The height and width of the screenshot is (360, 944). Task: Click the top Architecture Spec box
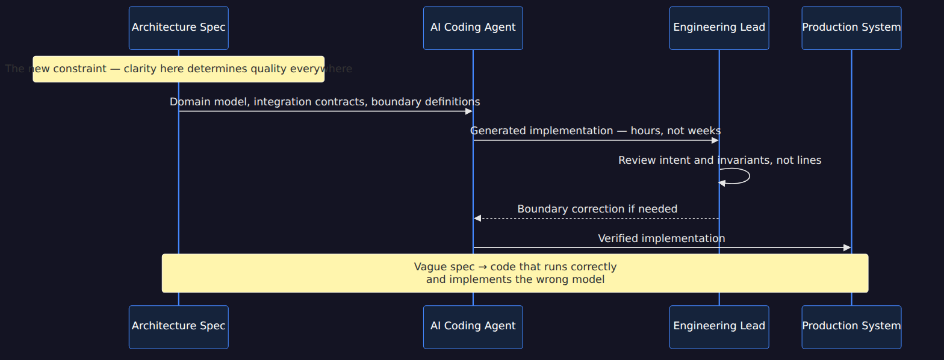coord(179,28)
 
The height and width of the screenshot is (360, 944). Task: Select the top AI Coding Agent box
coord(473,28)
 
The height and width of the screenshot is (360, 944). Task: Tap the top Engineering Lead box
coord(719,28)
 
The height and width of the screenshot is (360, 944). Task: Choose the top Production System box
coord(851,28)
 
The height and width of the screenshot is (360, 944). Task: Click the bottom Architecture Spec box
coord(179,327)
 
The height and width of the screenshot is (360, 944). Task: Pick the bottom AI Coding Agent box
coord(473,327)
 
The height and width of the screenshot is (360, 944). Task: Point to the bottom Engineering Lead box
coord(719,327)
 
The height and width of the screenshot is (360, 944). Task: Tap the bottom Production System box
coord(851,327)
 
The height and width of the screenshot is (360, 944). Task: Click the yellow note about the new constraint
coord(179,69)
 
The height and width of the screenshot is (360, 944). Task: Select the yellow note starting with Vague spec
coord(515,273)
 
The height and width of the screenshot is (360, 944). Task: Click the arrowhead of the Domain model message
coord(468,111)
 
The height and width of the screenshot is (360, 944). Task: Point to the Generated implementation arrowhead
coord(715,140)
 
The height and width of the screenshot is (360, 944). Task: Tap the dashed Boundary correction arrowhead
coord(477,219)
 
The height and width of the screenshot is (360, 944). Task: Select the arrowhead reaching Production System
coord(847,247)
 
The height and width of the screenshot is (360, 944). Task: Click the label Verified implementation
coord(662,238)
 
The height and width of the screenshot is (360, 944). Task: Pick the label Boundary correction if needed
coord(597,209)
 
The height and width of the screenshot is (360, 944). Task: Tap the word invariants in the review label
coord(745,160)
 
